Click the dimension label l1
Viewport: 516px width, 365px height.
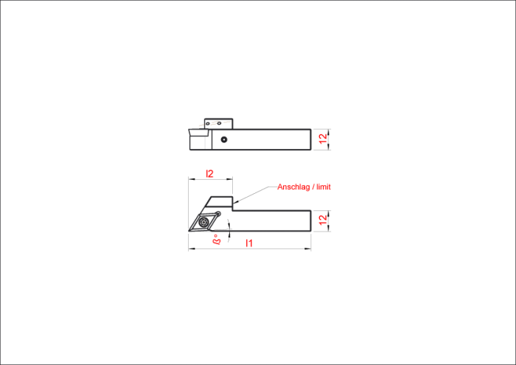pos(249,243)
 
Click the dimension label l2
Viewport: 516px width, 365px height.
pos(209,173)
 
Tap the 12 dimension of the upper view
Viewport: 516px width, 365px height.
pos(324,139)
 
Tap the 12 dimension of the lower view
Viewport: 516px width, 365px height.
pos(324,220)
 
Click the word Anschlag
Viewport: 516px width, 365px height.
pos(293,187)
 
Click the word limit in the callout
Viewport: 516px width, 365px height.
pos(324,187)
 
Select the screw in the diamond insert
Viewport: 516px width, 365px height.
pos(204,222)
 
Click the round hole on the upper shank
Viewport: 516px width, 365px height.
pos(224,139)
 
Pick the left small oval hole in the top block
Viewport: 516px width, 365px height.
pos(208,124)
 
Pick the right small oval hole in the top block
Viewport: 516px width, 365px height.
pos(219,123)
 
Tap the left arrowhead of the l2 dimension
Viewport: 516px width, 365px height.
pos(191,180)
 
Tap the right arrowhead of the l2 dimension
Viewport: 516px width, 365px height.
pos(230,180)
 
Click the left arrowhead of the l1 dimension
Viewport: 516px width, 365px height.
pos(191,248)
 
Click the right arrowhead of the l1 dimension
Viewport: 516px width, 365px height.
pos(308,248)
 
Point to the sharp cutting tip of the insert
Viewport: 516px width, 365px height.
pos(189,231)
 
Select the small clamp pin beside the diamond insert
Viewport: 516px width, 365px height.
pos(217,214)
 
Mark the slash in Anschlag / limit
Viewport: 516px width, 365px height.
pos(313,187)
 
